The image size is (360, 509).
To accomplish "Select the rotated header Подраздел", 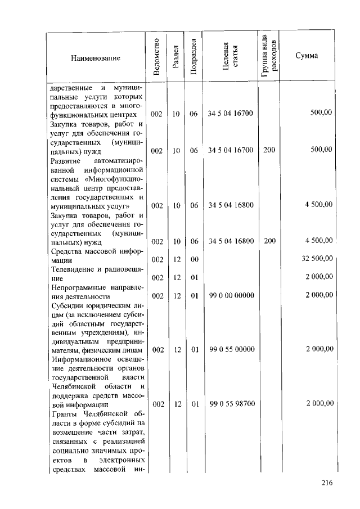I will [x=193, y=56].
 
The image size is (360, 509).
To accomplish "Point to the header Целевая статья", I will [x=231, y=56].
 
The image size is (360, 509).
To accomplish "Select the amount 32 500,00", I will [x=318, y=259].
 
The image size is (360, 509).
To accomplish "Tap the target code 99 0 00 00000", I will [x=231, y=295].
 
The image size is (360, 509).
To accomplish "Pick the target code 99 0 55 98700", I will [x=231, y=404].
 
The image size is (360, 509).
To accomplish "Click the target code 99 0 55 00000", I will [x=231, y=349].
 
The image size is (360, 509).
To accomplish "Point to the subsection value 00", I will [x=194, y=259].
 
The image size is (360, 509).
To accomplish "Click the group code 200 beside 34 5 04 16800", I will [x=269, y=241].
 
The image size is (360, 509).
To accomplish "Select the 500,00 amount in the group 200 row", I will [x=321, y=150].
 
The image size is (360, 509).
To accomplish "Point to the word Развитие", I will [x=66, y=160].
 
